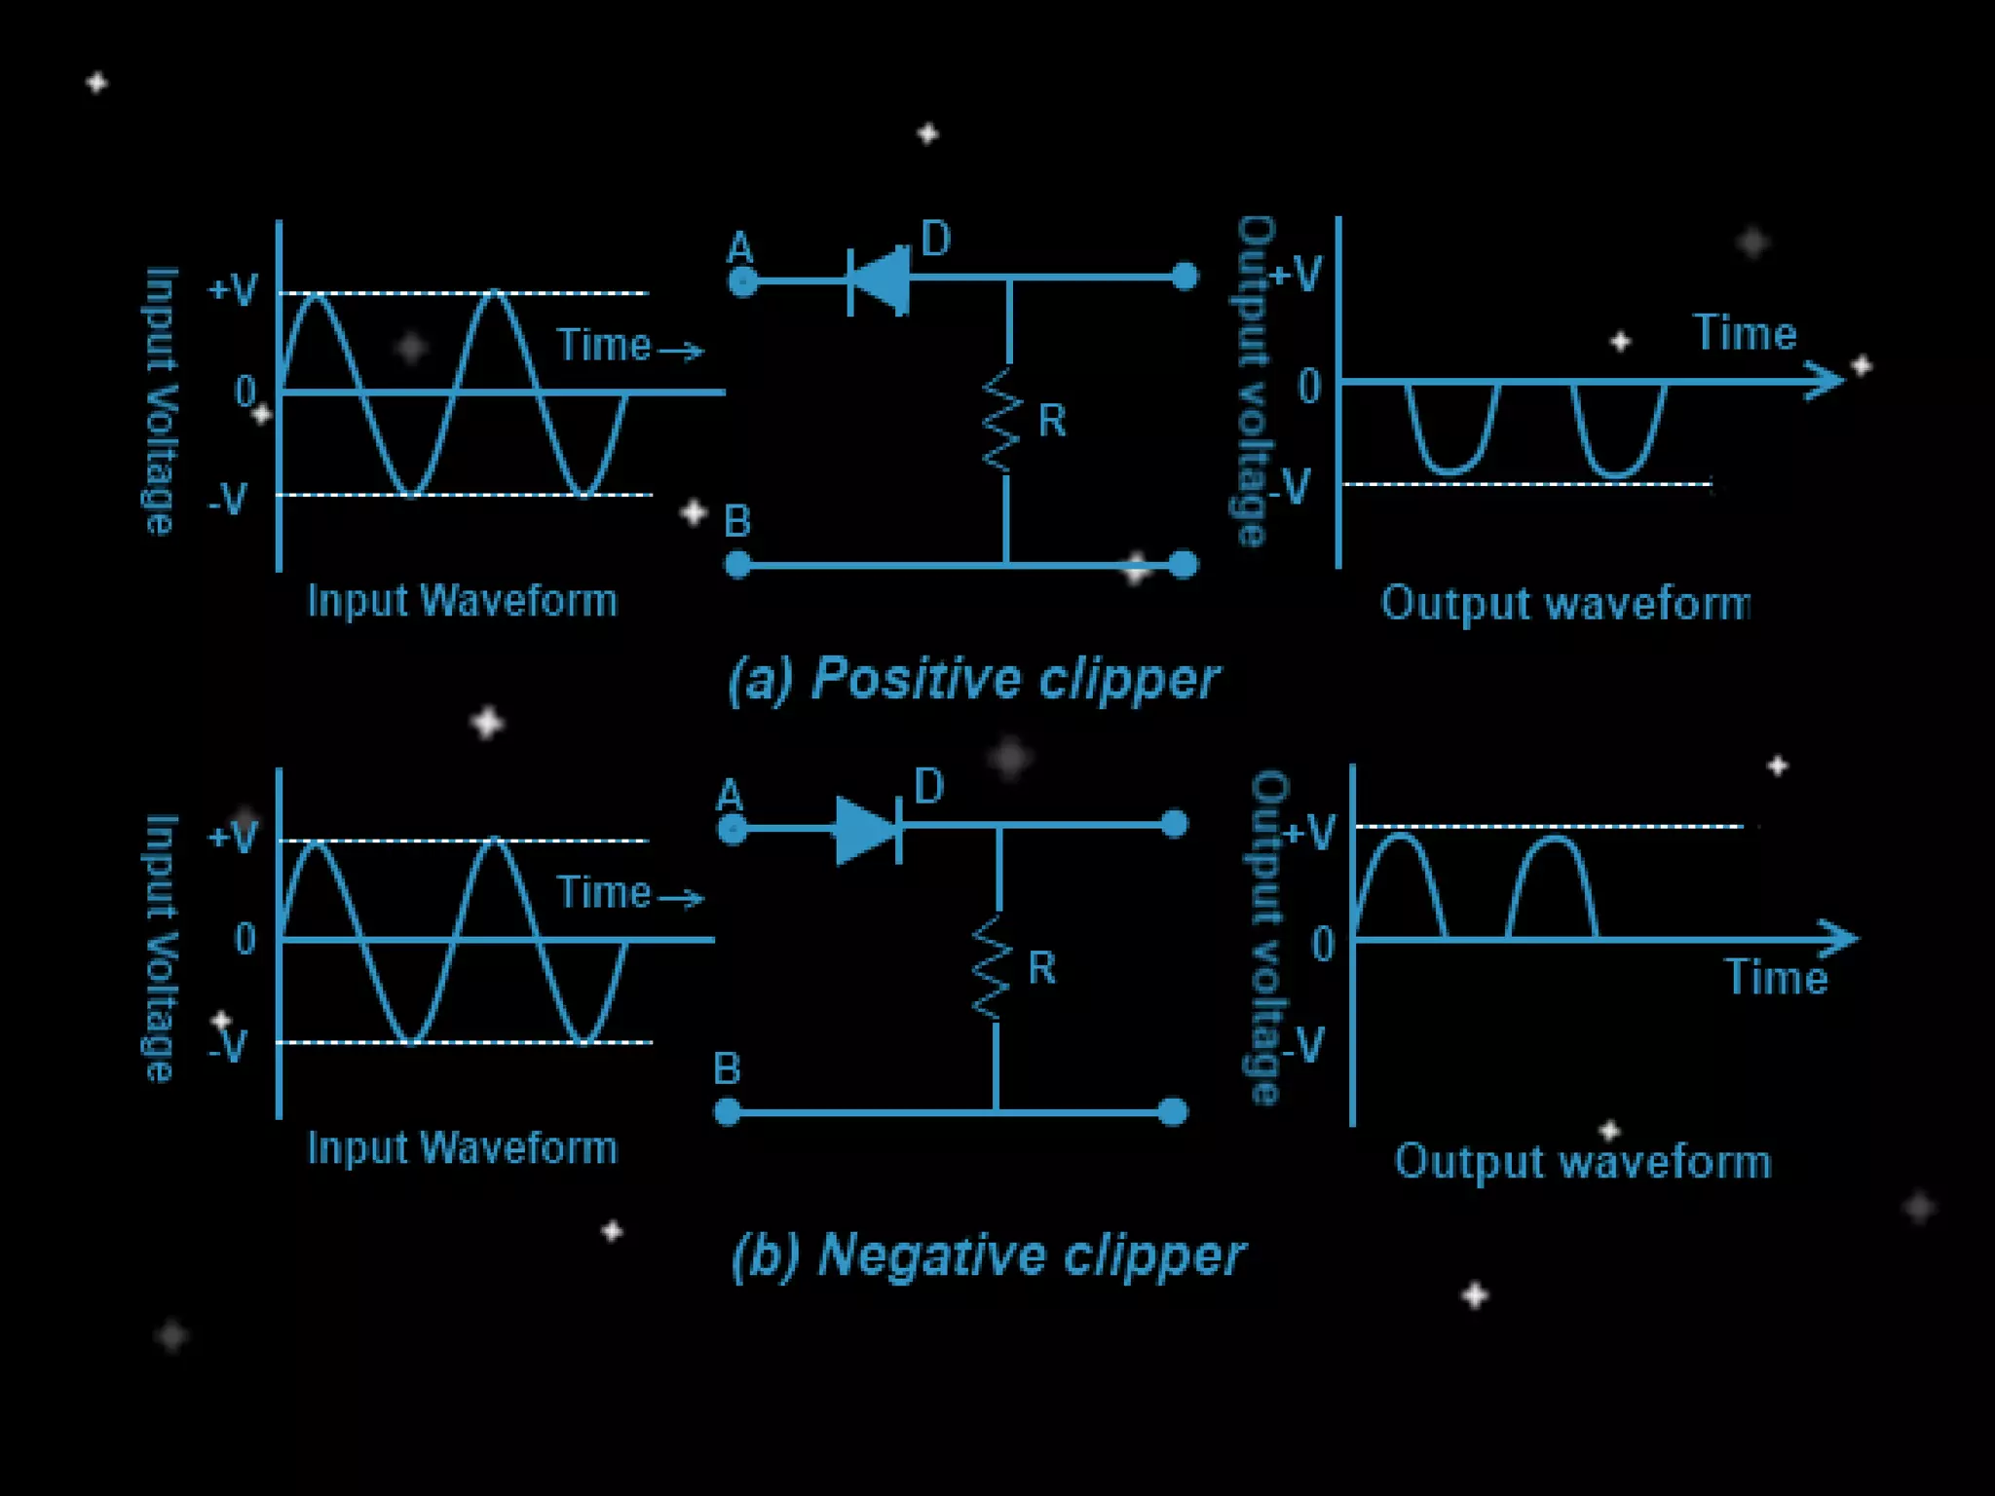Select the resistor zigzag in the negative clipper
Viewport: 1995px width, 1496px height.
coord(994,968)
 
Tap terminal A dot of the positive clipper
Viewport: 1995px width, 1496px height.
coord(742,282)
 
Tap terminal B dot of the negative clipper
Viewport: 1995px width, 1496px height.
coord(728,1111)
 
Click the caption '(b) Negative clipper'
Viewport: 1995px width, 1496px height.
coord(988,1255)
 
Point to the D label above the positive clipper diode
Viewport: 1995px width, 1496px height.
coord(935,239)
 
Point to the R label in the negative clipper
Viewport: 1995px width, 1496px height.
coord(1041,968)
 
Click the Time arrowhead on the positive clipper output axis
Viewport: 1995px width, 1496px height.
coord(1826,380)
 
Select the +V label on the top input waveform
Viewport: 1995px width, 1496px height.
coord(234,289)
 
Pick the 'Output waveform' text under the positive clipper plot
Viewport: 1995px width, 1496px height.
coord(1565,604)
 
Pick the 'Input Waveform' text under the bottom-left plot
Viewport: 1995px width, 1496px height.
coord(463,1148)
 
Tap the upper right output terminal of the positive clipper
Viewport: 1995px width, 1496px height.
coord(1184,277)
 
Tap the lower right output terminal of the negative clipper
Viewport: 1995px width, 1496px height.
coord(1174,1111)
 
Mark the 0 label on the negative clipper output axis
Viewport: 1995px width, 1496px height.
coord(1322,945)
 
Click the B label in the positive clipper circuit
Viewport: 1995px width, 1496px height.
coord(737,522)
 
